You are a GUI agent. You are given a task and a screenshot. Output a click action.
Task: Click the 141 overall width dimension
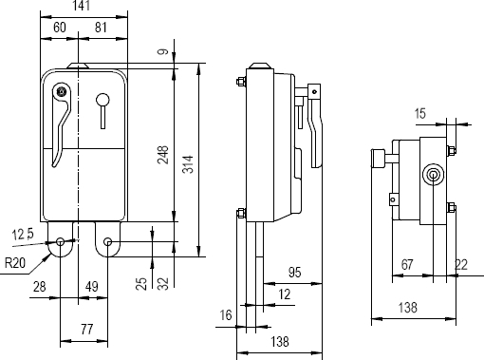point(82,6)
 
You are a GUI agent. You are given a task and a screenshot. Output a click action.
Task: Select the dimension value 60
point(60,28)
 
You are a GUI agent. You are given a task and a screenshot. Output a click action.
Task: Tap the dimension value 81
point(101,28)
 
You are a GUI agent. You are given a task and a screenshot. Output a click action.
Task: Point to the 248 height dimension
point(163,155)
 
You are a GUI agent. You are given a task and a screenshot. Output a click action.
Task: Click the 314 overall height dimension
point(188,164)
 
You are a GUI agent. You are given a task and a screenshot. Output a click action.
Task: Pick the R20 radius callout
point(15,263)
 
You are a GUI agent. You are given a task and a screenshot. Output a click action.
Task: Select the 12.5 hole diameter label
point(23,235)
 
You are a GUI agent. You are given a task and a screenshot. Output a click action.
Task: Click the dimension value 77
point(86,330)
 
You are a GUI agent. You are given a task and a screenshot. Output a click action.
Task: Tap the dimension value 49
point(92,287)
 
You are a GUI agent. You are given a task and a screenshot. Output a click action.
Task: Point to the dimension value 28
point(40,287)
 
